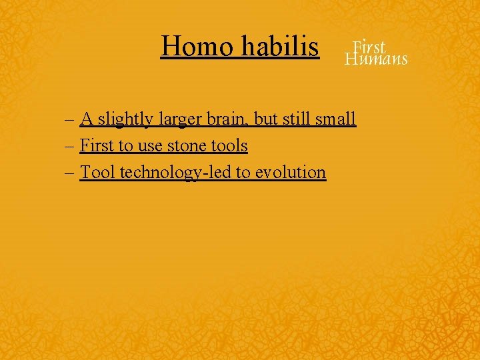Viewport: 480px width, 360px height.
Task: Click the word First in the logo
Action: pyautogui.click(x=369, y=47)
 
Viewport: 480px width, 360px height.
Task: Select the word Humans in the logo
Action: pyautogui.click(x=376, y=59)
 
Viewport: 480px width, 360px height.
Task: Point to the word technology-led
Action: pyautogui.click(x=173, y=172)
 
